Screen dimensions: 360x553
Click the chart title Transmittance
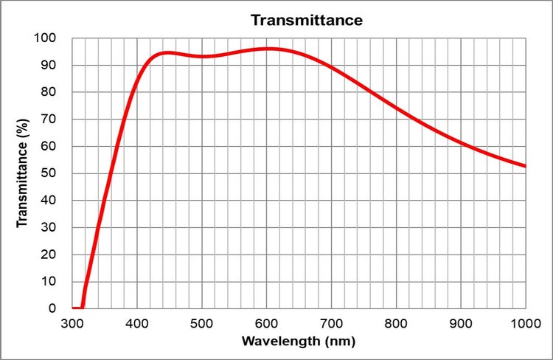(x=307, y=20)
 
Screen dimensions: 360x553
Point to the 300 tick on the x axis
(x=72, y=323)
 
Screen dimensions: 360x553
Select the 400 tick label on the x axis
(x=137, y=323)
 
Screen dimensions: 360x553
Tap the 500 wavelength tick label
(x=202, y=323)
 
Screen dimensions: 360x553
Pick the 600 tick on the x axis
(x=267, y=323)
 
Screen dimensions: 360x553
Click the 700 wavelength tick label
(x=332, y=323)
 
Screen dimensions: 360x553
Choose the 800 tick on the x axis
(x=397, y=323)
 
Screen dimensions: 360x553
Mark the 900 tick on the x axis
(x=462, y=323)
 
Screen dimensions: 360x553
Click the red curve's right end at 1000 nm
(x=525, y=166)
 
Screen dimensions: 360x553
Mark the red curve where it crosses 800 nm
(x=397, y=108)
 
